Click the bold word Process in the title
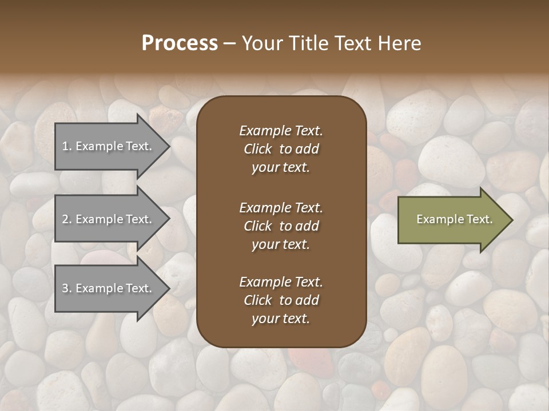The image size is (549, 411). pyautogui.click(x=180, y=43)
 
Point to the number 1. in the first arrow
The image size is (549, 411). pyautogui.click(x=67, y=147)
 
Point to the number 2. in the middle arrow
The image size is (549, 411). pyautogui.click(x=67, y=220)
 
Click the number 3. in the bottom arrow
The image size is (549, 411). pyautogui.click(x=67, y=289)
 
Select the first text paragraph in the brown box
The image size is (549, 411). pyautogui.click(x=281, y=149)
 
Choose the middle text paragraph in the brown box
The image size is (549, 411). pyautogui.click(x=281, y=226)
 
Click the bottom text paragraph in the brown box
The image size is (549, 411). pyautogui.click(x=281, y=300)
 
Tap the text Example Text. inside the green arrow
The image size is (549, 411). pyautogui.click(x=454, y=220)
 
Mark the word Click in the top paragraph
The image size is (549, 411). pyautogui.click(x=258, y=149)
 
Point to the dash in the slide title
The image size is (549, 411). pyautogui.click(x=230, y=44)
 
